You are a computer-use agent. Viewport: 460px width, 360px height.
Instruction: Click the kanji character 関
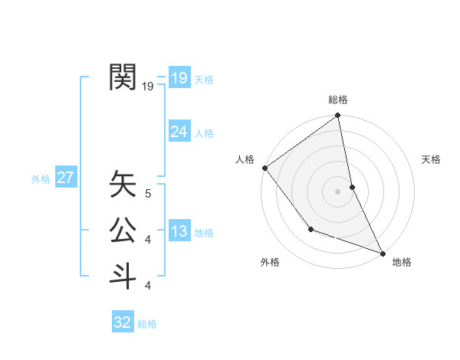[123, 77]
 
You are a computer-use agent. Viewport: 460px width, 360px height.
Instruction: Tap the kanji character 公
[123, 230]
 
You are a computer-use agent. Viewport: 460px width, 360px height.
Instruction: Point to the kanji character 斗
[123, 275]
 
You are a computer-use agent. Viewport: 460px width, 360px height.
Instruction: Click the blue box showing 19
[179, 77]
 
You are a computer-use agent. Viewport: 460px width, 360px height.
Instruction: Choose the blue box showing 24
[179, 132]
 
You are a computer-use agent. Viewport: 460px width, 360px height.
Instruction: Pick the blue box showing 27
[66, 178]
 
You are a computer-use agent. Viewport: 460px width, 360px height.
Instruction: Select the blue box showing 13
[179, 231]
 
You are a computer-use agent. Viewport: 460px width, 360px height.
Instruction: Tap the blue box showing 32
[123, 322]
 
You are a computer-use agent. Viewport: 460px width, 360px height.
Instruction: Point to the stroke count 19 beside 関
[148, 87]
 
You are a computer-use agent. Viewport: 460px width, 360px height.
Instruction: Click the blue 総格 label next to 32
[147, 324]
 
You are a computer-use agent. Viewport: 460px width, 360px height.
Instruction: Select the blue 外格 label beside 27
[41, 179]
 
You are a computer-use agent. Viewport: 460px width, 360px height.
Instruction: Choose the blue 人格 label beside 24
[204, 133]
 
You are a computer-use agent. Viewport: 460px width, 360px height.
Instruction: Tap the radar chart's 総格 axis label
[338, 100]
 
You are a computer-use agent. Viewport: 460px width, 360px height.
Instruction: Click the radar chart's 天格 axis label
[432, 159]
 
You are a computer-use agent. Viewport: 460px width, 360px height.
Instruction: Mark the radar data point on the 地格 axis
[383, 252]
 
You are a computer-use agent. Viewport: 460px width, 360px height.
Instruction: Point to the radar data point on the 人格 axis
[264, 168]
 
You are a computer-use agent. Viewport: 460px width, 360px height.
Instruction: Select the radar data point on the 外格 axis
[310, 229]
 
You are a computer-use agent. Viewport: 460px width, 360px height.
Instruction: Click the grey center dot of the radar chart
[338, 191]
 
